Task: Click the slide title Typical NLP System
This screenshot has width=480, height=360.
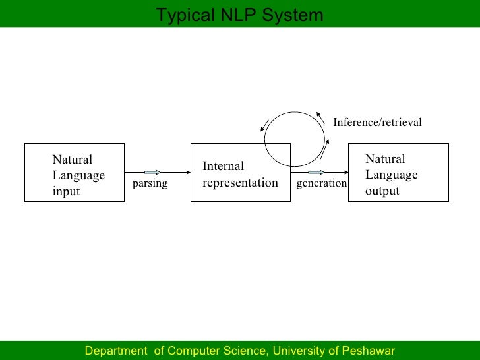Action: [x=239, y=15]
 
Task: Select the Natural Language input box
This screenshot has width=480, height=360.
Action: [x=75, y=172]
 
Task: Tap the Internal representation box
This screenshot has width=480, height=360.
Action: [x=240, y=172]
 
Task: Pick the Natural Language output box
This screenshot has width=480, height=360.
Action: [x=398, y=172]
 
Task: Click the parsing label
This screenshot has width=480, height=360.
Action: [x=150, y=184]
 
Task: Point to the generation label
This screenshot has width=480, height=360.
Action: [x=321, y=183]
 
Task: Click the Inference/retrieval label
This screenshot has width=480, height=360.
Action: [x=377, y=122]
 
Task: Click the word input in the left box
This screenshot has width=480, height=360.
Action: [x=66, y=192]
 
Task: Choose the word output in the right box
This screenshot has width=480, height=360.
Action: [x=382, y=191]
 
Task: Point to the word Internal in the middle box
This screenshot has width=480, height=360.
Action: [x=223, y=166]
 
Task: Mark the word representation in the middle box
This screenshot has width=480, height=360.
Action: [x=240, y=183]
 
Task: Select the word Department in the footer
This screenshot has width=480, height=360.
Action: [x=116, y=351]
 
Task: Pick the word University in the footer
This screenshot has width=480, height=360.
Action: [x=300, y=351]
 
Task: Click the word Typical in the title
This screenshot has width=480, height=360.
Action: [x=182, y=15]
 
